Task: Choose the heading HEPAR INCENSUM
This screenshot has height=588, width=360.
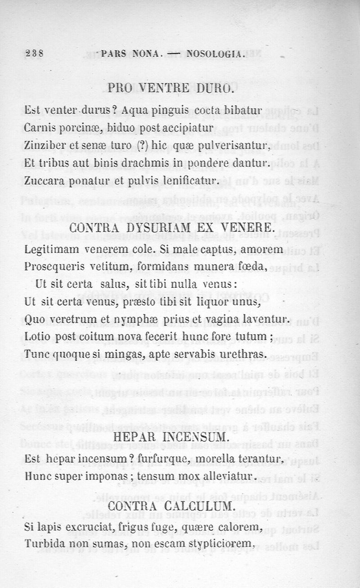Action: click(171, 437)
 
